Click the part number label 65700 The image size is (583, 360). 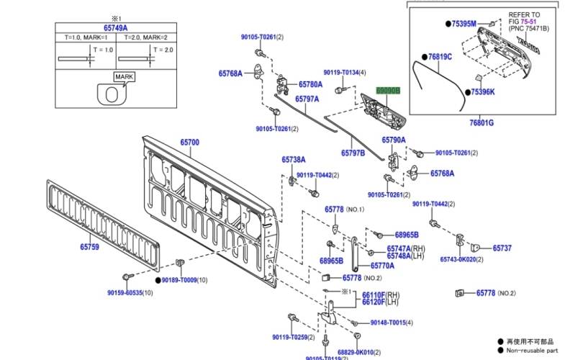click(x=189, y=143)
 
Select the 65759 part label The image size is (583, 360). click(x=89, y=246)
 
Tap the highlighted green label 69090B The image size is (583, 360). click(x=387, y=91)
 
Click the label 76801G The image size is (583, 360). click(x=482, y=123)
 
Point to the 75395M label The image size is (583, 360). click(x=464, y=24)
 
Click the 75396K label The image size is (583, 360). click(x=482, y=92)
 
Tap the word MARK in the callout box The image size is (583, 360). click(x=123, y=76)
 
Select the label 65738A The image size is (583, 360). click(x=294, y=159)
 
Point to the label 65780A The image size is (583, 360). click(x=311, y=84)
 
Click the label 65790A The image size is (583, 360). click(x=394, y=140)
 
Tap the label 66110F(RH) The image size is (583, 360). click(x=380, y=295)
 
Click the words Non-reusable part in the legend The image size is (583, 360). click(x=534, y=351)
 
